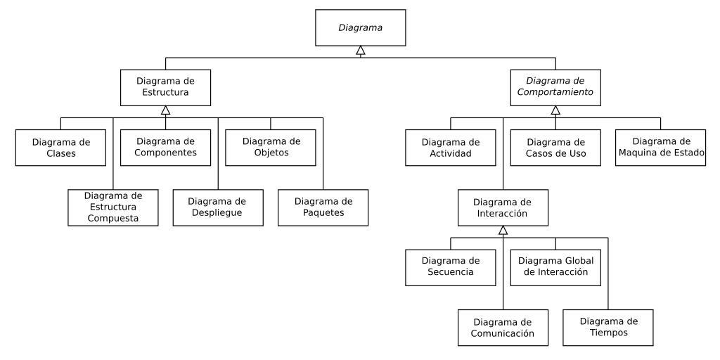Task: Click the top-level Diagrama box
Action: coord(361,27)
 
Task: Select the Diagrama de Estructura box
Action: coord(165,86)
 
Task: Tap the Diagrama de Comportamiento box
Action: coord(555,86)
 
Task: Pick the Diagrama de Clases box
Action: coord(60,147)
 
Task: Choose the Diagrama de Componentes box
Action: coord(165,147)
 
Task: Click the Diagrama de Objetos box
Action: coord(271,147)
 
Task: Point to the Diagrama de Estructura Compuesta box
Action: coord(113,207)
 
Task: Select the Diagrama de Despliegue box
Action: coord(218,207)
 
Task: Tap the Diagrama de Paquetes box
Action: coord(323,207)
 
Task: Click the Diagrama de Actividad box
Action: coord(451,147)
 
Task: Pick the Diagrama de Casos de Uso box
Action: coord(555,147)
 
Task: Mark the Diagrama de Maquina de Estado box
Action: coord(661,147)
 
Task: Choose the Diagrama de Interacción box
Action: coord(503,207)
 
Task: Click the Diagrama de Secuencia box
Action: coord(451,266)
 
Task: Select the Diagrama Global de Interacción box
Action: coord(555,266)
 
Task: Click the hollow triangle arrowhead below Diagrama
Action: coord(361,50)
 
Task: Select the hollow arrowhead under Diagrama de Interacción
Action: coord(503,230)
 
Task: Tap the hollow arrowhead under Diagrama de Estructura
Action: coord(165,110)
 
